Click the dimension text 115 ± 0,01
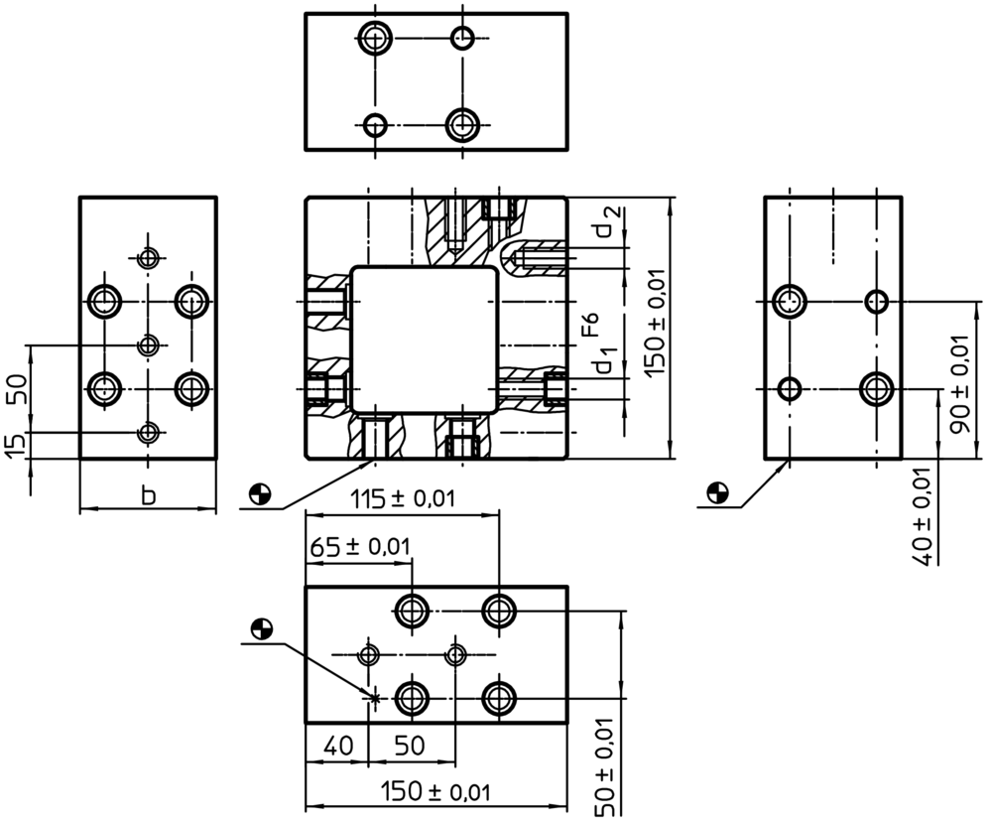pos(403,499)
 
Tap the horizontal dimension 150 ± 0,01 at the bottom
pos(436,792)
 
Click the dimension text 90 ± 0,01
pos(957,383)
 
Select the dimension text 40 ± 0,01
pos(924,515)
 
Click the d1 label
pos(605,363)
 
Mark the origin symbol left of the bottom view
pos(261,627)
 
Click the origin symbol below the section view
pos(260,492)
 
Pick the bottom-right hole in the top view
pos(462,125)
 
